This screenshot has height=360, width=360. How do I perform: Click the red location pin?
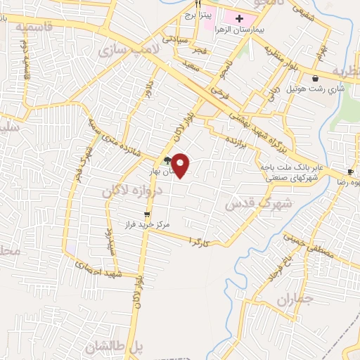[181, 165]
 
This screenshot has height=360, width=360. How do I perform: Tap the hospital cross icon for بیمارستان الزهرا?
[239, 18]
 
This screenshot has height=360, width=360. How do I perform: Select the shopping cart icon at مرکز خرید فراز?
[147, 215]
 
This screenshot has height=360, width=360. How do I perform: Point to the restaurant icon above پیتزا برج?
[198, 4]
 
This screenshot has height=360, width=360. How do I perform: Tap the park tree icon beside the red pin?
[167, 161]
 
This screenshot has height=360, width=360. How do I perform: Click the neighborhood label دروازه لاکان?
[134, 191]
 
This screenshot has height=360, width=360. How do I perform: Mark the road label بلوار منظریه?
[282, 58]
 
